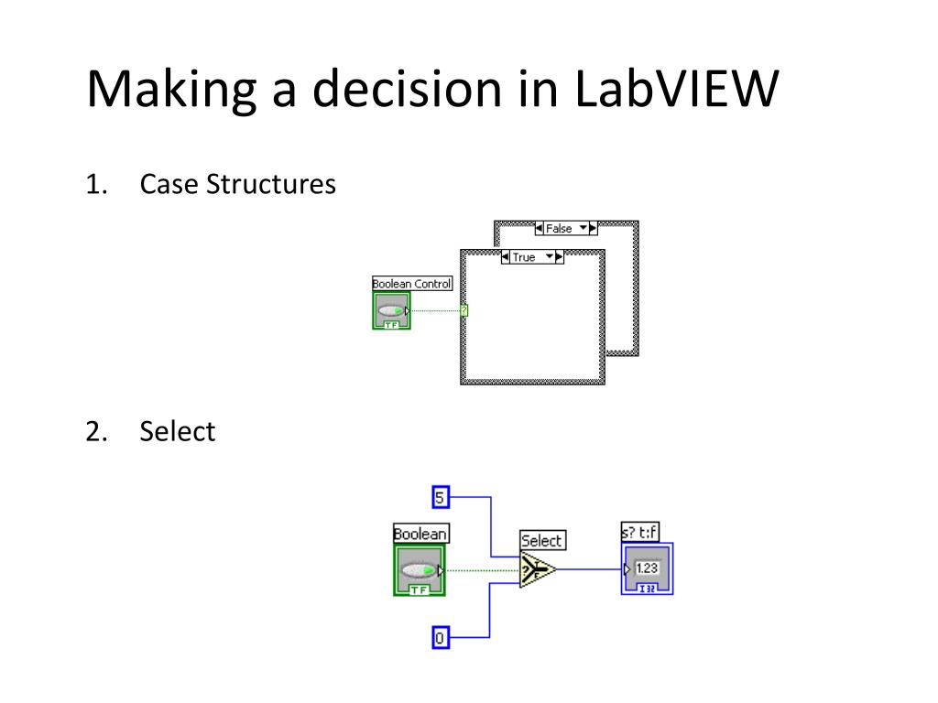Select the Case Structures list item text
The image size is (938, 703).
pos(237,185)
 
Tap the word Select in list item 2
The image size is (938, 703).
pos(177,430)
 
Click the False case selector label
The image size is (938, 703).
pos(559,229)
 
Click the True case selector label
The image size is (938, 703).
pos(524,257)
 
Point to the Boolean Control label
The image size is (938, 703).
pos(411,284)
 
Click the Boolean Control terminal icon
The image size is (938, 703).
pos(391,311)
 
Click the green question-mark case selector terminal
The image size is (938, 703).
pos(464,310)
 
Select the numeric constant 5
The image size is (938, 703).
pos(441,497)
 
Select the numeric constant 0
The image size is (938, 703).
pos(441,638)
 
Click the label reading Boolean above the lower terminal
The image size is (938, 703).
pos(420,534)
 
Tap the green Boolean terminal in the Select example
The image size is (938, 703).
pos(419,570)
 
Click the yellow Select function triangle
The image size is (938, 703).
pos(537,570)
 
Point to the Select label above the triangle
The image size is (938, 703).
pos(541,540)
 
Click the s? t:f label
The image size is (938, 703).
pos(640,532)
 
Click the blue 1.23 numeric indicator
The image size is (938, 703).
pos(648,568)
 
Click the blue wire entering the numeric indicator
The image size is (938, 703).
pos(591,569)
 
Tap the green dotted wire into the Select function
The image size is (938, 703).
pos(481,570)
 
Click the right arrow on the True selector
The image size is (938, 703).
pos(560,257)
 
